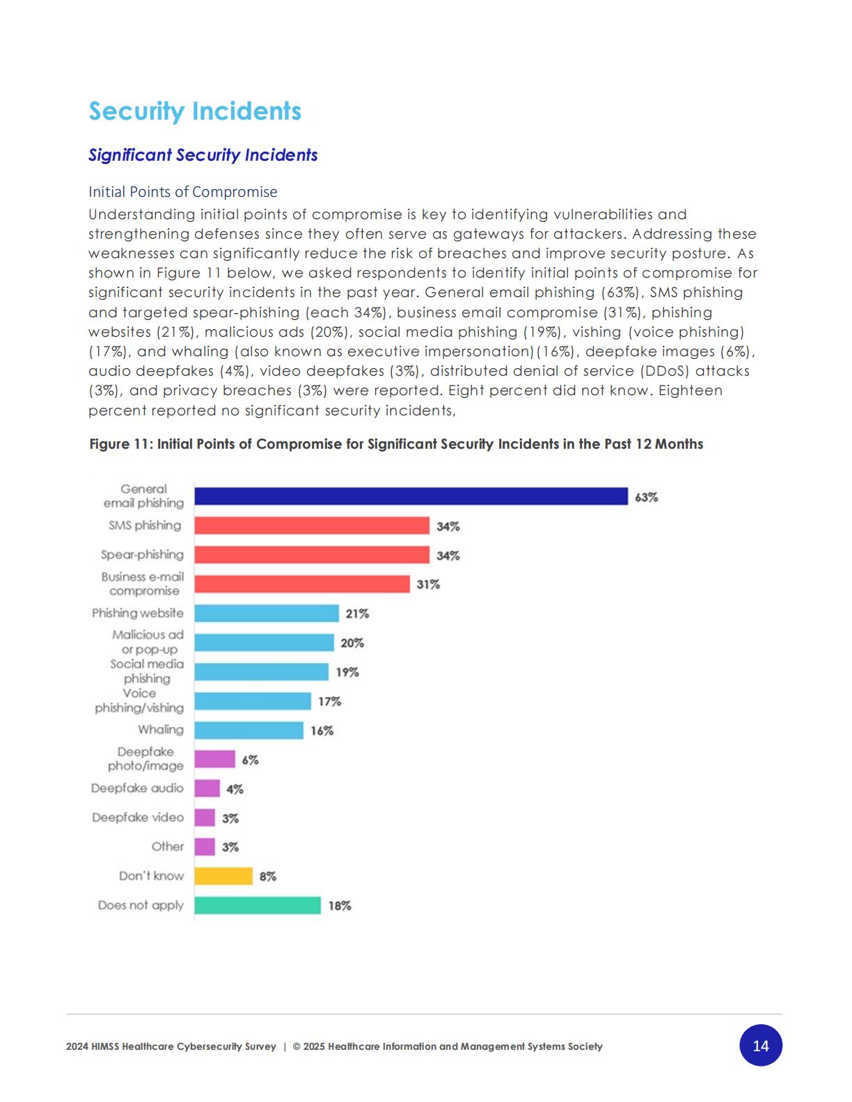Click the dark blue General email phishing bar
click(x=411, y=496)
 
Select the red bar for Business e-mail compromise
click(x=302, y=584)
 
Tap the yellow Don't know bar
click(x=223, y=876)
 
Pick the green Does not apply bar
click(x=258, y=905)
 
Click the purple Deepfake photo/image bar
click(x=214, y=759)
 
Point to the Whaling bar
click(x=248, y=730)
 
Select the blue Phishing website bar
click(x=267, y=613)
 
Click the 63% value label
click(x=646, y=497)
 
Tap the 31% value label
click(x=428, y=584)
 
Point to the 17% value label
click(x=329, y=701)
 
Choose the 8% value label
click(x=267, y=877)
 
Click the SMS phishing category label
click(x=145, y=525)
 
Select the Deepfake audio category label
click(x=137, y=788)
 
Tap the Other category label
click(x=168, y=847)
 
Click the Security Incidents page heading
click(x=195, y=111)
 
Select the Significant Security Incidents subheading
click(x=203, y=154)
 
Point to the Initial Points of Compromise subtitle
click(x=182, y=192)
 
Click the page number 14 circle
click(x=761, y=1045)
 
